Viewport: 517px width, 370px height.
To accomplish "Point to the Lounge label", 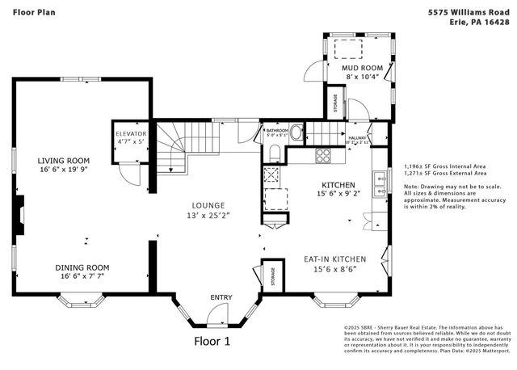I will (208, 205).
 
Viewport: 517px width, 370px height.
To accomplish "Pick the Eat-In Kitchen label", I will (334, 259).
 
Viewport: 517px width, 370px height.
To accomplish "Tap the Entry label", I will (221, 298).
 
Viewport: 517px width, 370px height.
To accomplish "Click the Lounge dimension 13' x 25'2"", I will (208, 216).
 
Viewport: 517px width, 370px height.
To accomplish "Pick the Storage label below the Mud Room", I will (336, 103).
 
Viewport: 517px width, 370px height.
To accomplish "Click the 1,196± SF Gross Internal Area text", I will (445, 166).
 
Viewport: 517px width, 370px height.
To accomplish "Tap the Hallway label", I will (357, 138).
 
